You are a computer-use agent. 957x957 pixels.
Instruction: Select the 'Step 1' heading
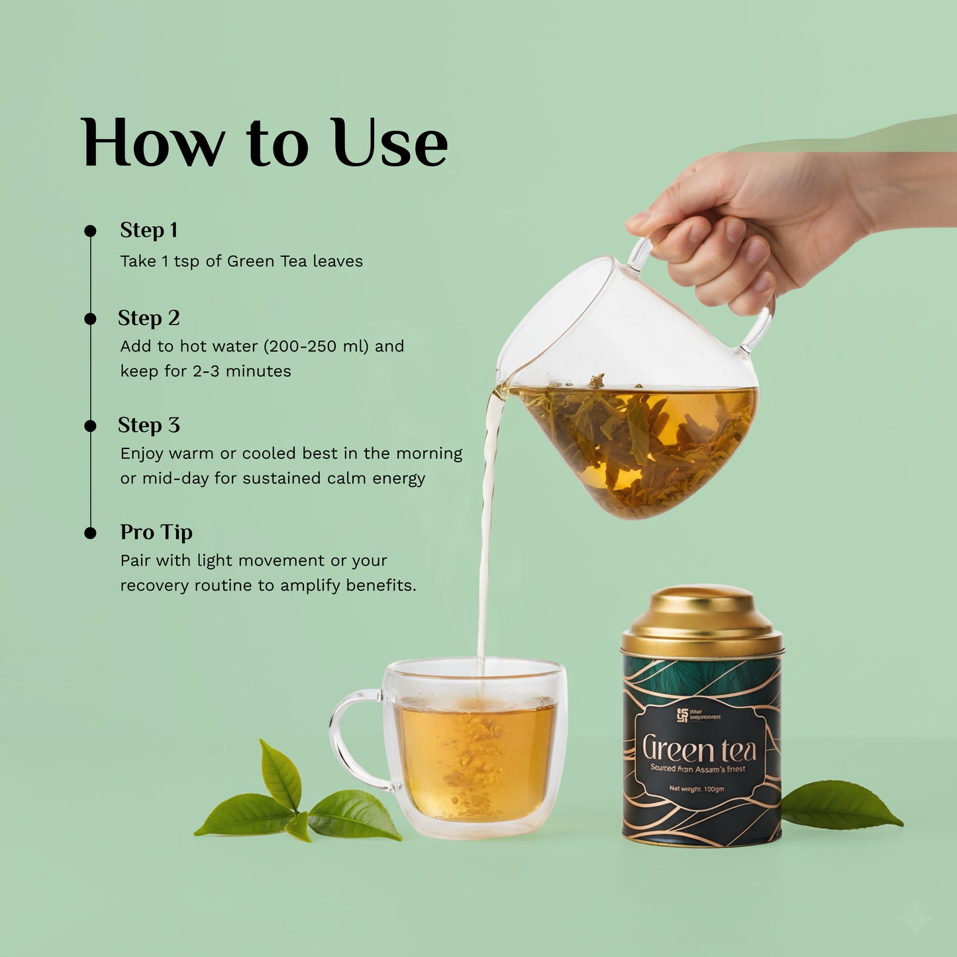[x=149, y=230]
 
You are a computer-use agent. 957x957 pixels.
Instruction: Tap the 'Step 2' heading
[x=149, y=319]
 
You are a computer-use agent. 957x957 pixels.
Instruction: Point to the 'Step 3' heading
[x=149, y=425]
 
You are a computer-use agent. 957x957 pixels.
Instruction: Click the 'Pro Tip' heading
[x=156, y=532]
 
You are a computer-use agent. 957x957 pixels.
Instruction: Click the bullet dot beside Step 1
[x=91, y=231]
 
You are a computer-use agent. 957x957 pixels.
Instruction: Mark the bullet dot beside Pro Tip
[x=91, y=533]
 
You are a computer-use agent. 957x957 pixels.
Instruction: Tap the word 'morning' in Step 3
[x=428, y=454]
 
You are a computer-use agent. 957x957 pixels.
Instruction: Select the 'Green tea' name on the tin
[x=699, y=749]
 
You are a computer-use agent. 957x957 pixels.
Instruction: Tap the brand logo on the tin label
[x=682, y=716]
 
